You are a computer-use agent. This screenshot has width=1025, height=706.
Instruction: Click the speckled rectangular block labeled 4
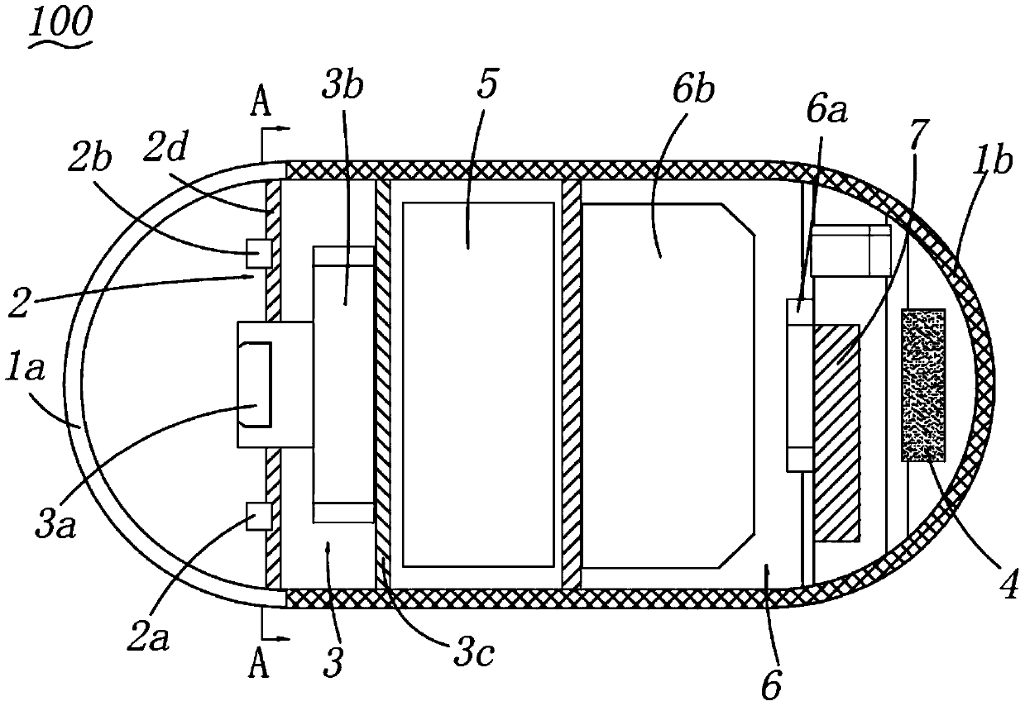922,384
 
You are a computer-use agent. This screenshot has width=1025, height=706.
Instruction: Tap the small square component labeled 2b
258,253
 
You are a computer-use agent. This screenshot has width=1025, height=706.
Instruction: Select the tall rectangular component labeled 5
477,384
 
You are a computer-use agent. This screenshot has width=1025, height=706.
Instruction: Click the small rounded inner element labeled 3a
253,384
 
